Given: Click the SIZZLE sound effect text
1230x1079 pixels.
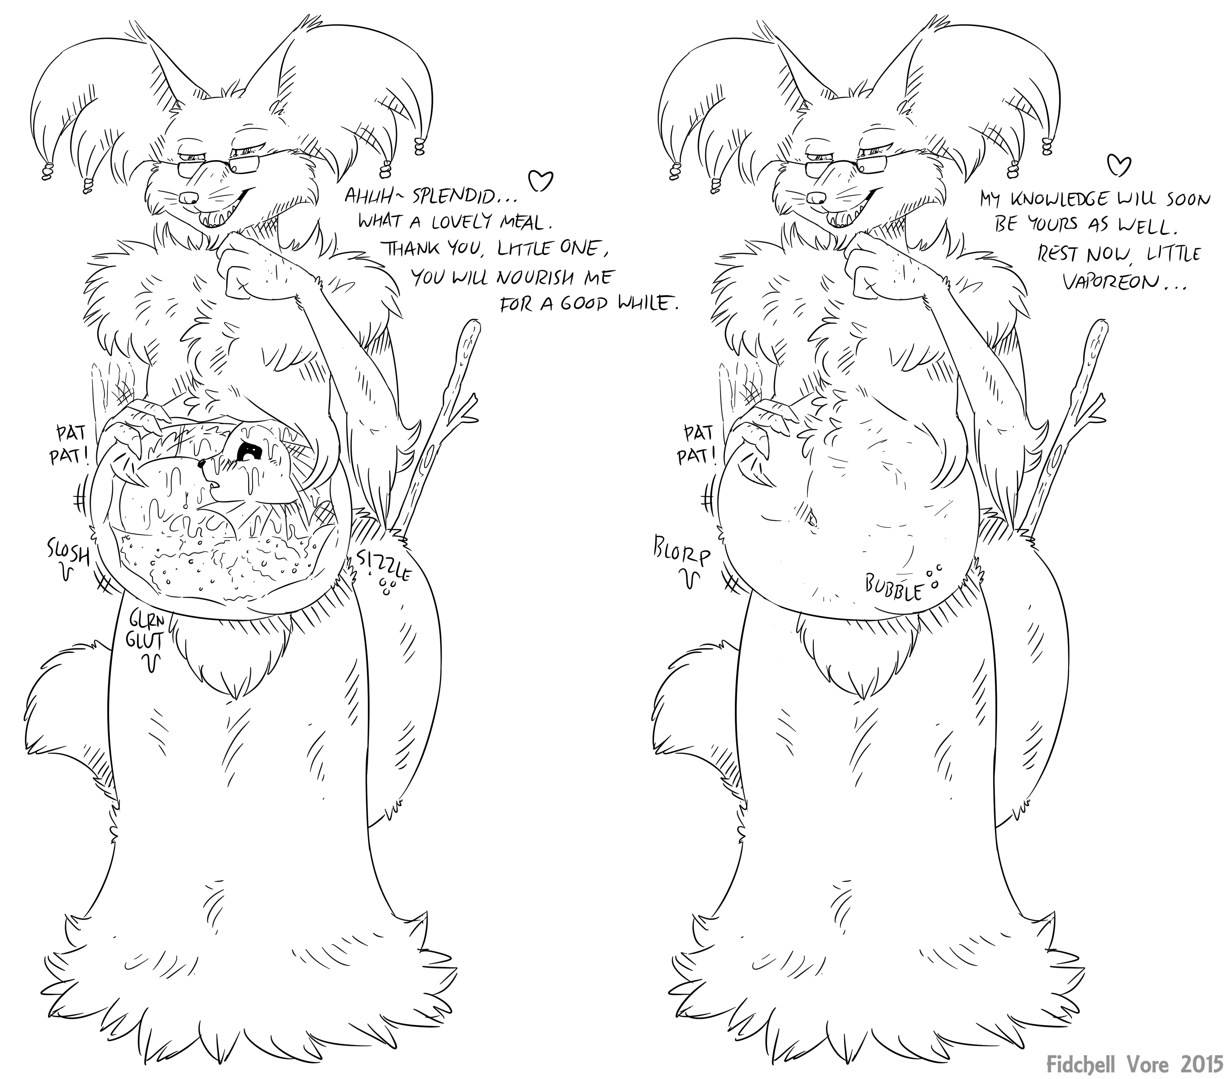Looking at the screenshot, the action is tap(383, 564).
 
